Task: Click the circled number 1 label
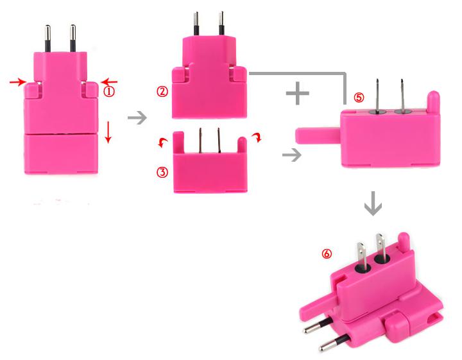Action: [110, 91]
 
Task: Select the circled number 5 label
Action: [359, 98]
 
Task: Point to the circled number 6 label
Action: [327, 254]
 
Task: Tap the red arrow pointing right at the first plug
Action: [18, 82]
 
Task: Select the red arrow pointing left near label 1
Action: [110, 81]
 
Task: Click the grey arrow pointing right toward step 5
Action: [292, 155]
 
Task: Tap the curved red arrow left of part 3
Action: [162, 141]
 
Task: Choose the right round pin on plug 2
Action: [221, 24]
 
